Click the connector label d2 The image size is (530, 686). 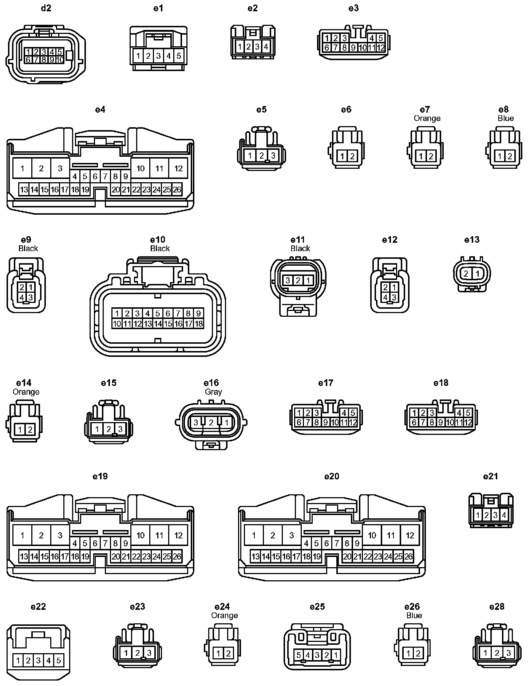[x=46, y=8]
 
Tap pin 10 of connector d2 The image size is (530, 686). [x=60, y=59]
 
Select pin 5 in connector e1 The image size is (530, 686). [x=179, y=56]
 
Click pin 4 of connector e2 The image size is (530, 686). [x=266, y=47]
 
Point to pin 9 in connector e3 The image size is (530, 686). [x=353, y=47]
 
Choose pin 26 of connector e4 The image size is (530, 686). [x=177, y=190]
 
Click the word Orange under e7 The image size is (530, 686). [x=427, y=118]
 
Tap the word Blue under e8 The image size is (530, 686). [x=506, y=118]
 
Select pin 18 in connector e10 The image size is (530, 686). [x=198, y=323]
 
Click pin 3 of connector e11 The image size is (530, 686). [x=288, y=280]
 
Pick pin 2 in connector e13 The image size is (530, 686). [x=466, y=273]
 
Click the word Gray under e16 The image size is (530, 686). [x=213, y=392]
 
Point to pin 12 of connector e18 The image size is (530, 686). [x=468, y=422]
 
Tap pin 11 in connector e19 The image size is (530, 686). [x=159, y=535]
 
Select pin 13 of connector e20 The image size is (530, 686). [x=256, y=557]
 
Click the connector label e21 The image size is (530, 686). [x=490, y=476]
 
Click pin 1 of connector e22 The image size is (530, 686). [x=18, y=660]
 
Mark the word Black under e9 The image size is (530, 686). [x=28, y=248]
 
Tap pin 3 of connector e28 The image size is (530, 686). [x=509, y=652]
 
